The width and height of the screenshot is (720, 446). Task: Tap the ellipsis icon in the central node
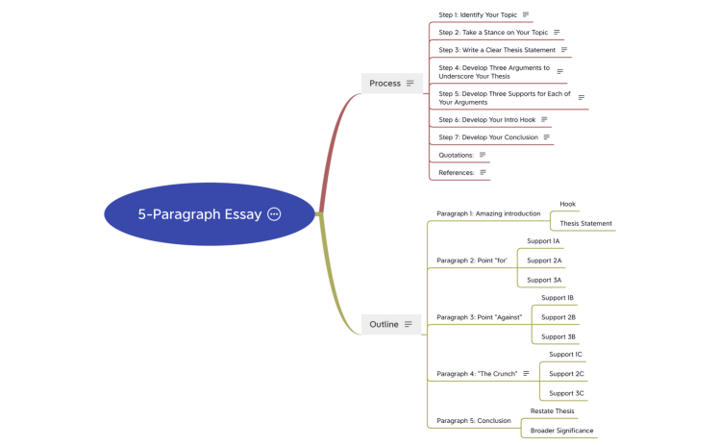pos(274,214)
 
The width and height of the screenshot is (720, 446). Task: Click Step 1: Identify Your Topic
pos(477,14)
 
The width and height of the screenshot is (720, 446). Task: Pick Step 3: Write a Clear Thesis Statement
pos(496,50)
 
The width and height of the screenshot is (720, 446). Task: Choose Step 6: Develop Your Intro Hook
pos(486,119)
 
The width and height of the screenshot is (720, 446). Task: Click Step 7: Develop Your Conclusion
pos(487,137)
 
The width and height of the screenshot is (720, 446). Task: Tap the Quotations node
pos(456,155)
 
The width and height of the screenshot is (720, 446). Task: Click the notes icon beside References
pos(483,173)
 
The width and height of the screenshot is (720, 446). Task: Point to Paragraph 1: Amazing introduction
pos(488,213)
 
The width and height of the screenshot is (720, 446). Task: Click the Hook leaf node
pos(567,204)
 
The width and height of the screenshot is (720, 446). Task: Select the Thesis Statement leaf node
pos(585,224)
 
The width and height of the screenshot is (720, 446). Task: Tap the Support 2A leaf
pos(544,260)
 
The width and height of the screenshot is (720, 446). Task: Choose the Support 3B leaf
pos(559,336)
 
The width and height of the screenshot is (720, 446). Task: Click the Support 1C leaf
pos(565,354)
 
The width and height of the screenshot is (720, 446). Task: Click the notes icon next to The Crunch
pos(526,373)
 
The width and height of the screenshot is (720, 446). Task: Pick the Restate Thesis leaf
pos(552,410)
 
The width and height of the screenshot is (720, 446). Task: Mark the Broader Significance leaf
pos(561,431)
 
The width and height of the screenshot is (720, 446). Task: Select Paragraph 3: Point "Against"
pos(479,317)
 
